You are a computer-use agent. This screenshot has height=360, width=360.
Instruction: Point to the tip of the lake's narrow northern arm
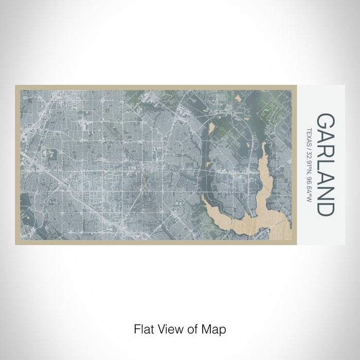(x=264, y=146)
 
